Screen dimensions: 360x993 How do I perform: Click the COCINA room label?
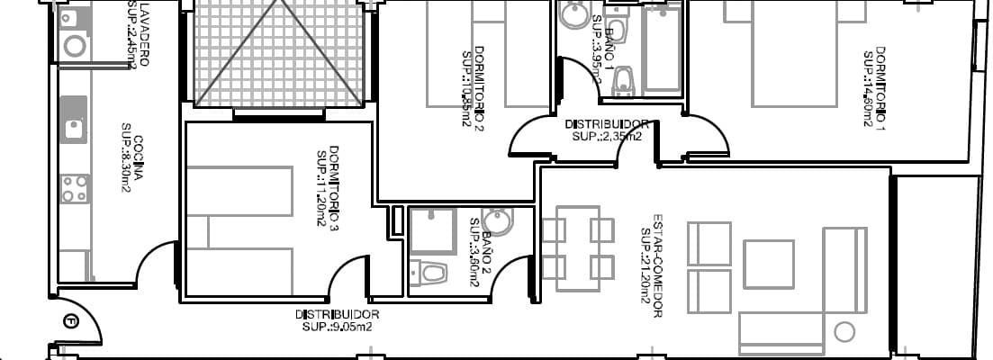click(x=132, y=158)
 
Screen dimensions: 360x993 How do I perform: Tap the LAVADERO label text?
click(x=138, y=34)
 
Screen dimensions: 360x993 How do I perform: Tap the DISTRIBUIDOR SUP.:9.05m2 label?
click(x=337, y=320)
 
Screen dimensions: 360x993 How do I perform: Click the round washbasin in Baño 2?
click(x=496, y=221)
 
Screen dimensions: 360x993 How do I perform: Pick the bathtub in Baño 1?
click(x=663, y=49)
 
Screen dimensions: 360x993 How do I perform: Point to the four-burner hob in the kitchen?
click(x=74, y=188)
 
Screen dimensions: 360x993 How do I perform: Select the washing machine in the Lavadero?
click(x=75, y=44)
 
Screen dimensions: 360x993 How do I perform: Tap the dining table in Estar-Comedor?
click(x=578, y=248)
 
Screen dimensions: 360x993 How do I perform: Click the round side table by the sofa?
click(x=844, y=332)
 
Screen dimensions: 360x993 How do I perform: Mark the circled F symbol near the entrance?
click(x=72, y=319)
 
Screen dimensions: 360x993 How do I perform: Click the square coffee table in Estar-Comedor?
click(x=768, y=264)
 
